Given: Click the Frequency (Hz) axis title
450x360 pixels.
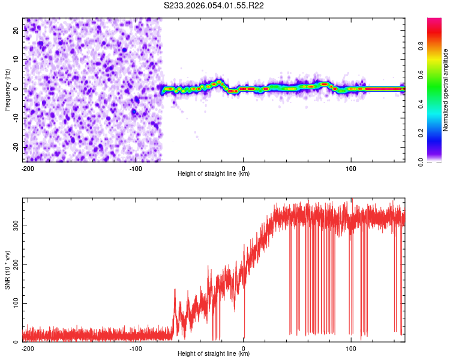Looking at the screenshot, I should tap(7, 89).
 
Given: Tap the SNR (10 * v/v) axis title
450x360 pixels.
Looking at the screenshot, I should tap(7, 269).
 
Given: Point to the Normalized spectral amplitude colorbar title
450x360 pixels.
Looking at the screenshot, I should tap(446, 90).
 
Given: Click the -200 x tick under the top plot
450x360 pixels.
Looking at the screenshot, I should tap(27, 168).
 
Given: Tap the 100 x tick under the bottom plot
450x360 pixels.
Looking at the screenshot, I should tap(351, 348).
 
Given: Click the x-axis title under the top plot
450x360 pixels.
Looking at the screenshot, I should tap(214, 174).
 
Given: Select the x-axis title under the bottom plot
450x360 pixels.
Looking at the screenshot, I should tap(214, 354).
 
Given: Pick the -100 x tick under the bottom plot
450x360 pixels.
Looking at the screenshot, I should tap(136, 348).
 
